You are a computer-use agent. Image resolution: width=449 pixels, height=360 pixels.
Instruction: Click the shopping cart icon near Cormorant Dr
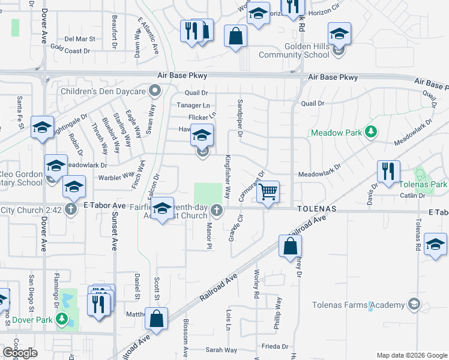click(268, 192)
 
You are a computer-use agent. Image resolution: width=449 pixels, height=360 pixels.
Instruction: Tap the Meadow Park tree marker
click(372, 131)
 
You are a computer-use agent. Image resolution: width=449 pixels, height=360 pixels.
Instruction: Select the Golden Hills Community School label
click(294, 50)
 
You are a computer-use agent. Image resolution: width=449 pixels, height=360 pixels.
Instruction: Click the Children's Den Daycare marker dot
click(155, 92)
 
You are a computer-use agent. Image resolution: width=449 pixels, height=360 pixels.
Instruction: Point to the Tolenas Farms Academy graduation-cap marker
click(414, 305)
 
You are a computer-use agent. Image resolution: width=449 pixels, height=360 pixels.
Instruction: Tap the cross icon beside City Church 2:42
click(71, 209)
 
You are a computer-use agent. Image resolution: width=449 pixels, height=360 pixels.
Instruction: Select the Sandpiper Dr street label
click(240, 118)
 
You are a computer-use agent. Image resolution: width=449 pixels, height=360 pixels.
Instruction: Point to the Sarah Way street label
click(221, 350)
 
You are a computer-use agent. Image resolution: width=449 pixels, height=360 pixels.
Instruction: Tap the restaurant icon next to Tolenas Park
click(388, 170)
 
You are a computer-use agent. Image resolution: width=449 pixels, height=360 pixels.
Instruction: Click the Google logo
click(20, 353)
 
